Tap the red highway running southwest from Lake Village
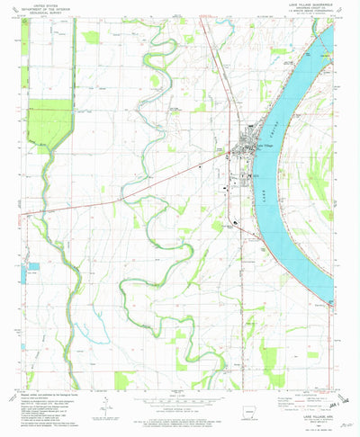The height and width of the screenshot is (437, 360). [135, 184]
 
